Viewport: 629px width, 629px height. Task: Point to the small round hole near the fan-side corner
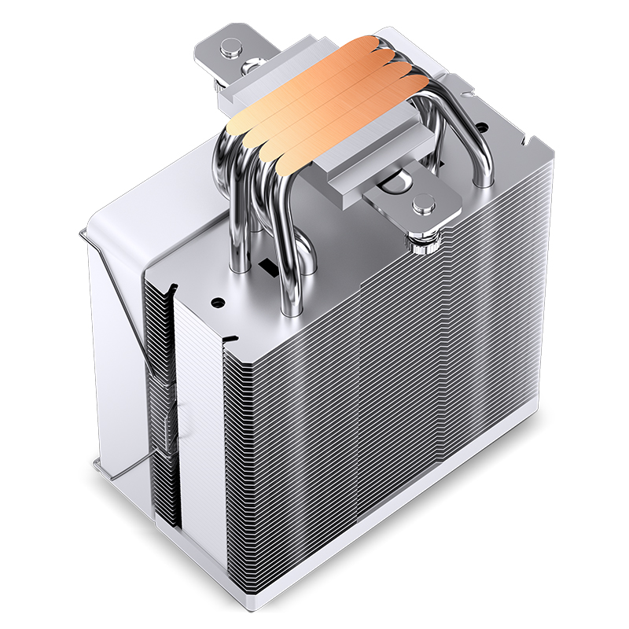coord(218,300)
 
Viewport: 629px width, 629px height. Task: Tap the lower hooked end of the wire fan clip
coord(98,467)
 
